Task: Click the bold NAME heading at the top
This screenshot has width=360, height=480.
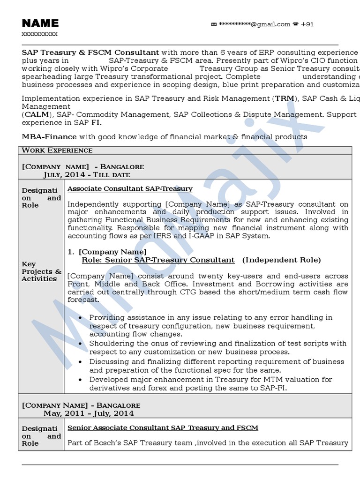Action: click(40, 23)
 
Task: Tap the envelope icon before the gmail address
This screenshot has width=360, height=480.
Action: click(214, 24)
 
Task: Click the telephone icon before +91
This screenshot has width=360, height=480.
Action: click(295, 24)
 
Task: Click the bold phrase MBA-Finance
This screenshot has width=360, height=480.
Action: click(49, 136)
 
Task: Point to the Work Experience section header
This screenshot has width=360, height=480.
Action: click(57, 150)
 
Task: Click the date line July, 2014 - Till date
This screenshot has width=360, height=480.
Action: click(87, 174)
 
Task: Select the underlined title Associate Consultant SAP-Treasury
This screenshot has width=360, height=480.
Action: click(130, 188)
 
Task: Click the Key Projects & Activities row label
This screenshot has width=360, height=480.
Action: click(41, 271)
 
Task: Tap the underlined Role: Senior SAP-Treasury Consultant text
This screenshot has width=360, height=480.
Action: click(158, 260)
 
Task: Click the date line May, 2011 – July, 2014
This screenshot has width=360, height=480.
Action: click(89, 413)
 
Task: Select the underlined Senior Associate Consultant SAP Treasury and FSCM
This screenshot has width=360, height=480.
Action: click(163, 427)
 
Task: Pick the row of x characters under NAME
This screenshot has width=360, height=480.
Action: click(40, 34)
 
